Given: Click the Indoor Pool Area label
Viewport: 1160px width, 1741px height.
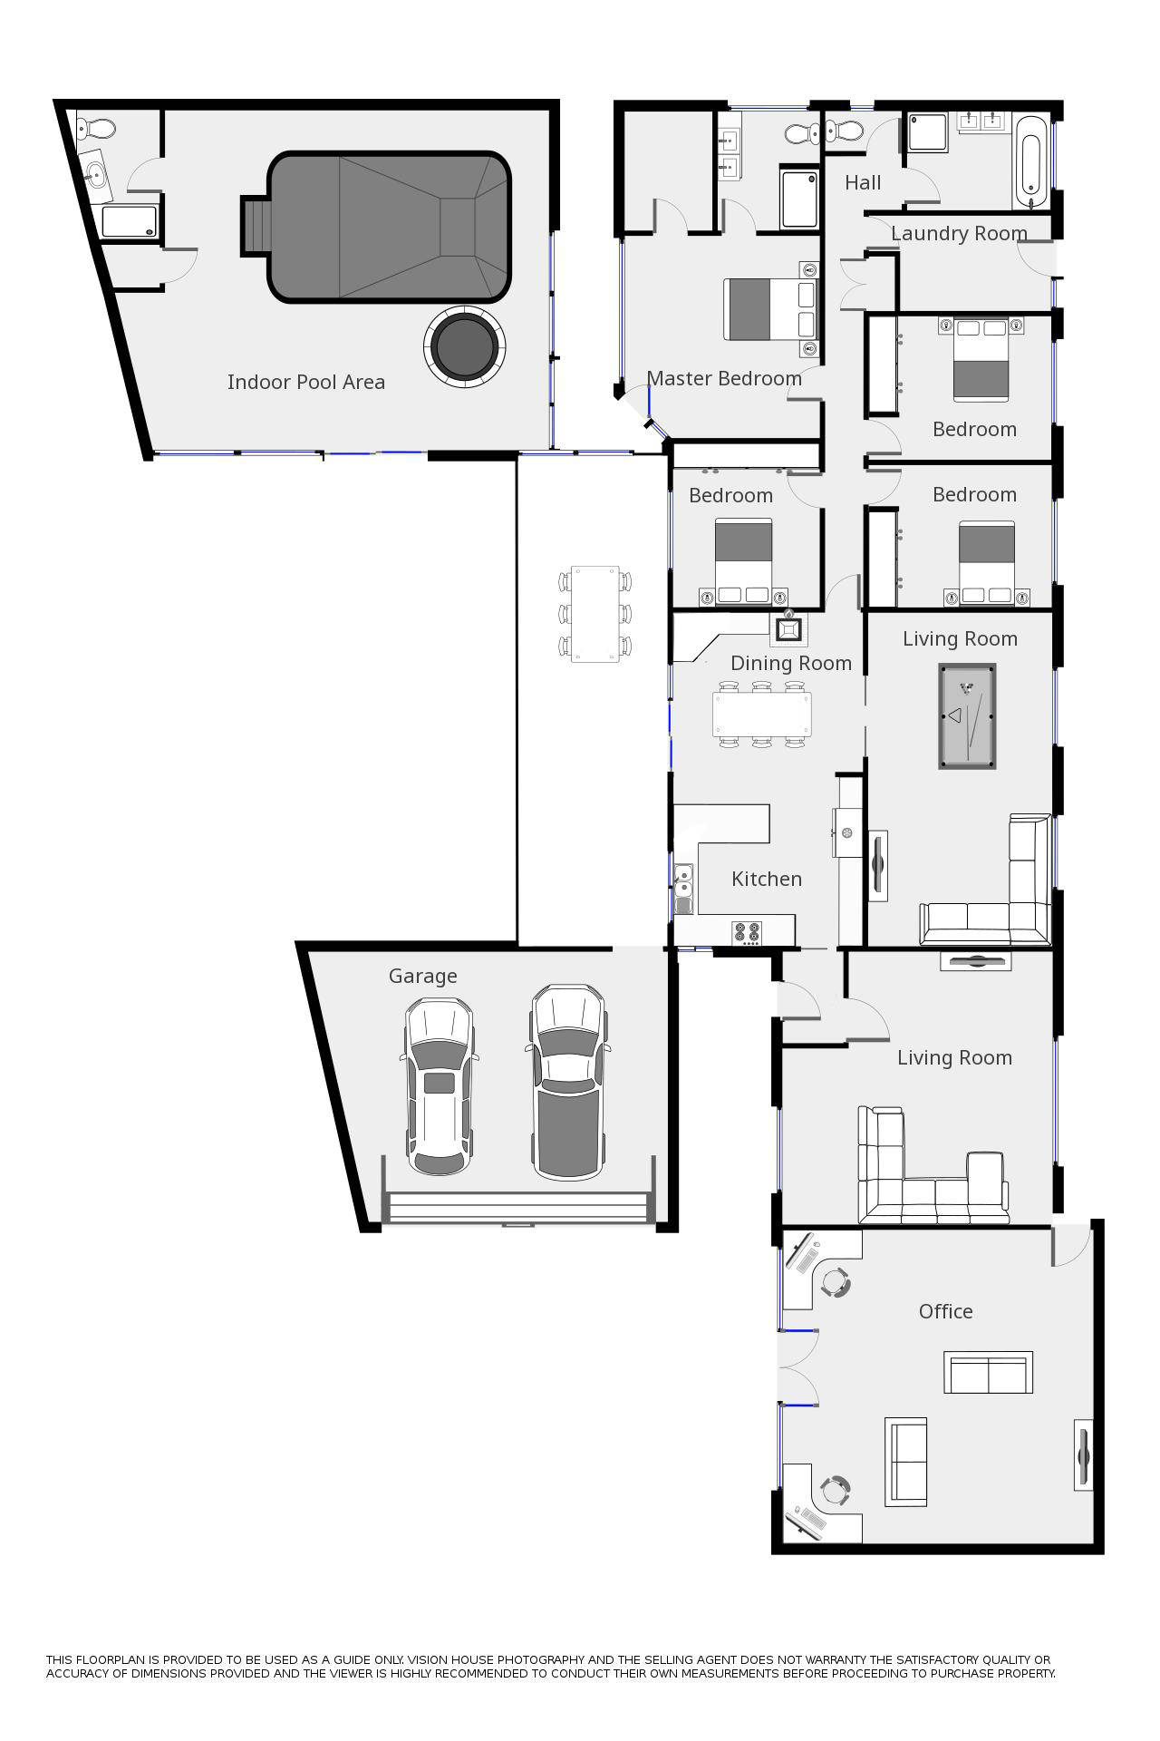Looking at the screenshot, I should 305,383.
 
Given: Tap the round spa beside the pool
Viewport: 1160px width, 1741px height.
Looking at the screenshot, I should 464,345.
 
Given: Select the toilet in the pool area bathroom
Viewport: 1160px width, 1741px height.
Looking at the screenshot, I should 97,129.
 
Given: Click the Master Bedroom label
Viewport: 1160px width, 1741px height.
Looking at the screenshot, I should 723,379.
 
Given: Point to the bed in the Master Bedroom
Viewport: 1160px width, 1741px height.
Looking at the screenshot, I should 768,309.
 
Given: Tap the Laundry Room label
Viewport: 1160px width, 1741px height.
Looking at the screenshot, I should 958,234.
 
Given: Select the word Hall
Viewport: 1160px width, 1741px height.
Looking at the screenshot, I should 862,183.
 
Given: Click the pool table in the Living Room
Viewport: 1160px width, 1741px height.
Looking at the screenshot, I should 967,716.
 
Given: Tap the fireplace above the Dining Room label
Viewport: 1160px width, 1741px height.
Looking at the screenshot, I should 789,628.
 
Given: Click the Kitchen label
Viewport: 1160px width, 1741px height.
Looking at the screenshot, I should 766,880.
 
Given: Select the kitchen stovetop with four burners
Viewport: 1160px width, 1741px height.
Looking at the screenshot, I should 747,932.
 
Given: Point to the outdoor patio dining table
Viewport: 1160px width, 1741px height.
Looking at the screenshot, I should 594,614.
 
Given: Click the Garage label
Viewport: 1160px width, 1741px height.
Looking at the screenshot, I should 422,977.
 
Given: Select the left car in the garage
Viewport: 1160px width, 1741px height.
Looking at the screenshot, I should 440,1085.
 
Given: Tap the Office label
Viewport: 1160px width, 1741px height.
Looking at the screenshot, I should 945,1312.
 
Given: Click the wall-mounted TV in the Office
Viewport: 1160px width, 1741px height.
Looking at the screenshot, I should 1082,1455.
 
